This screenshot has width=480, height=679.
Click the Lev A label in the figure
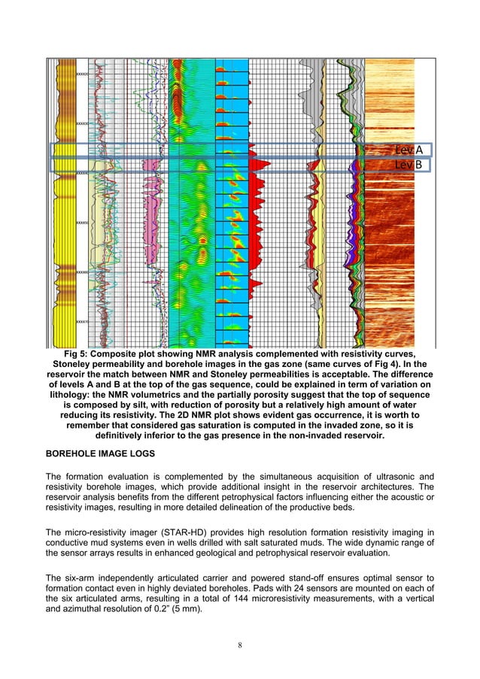tap(409, 150)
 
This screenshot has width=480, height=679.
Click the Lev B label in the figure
tap(409, 165)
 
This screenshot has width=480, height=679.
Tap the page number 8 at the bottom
tap(240, 644)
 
